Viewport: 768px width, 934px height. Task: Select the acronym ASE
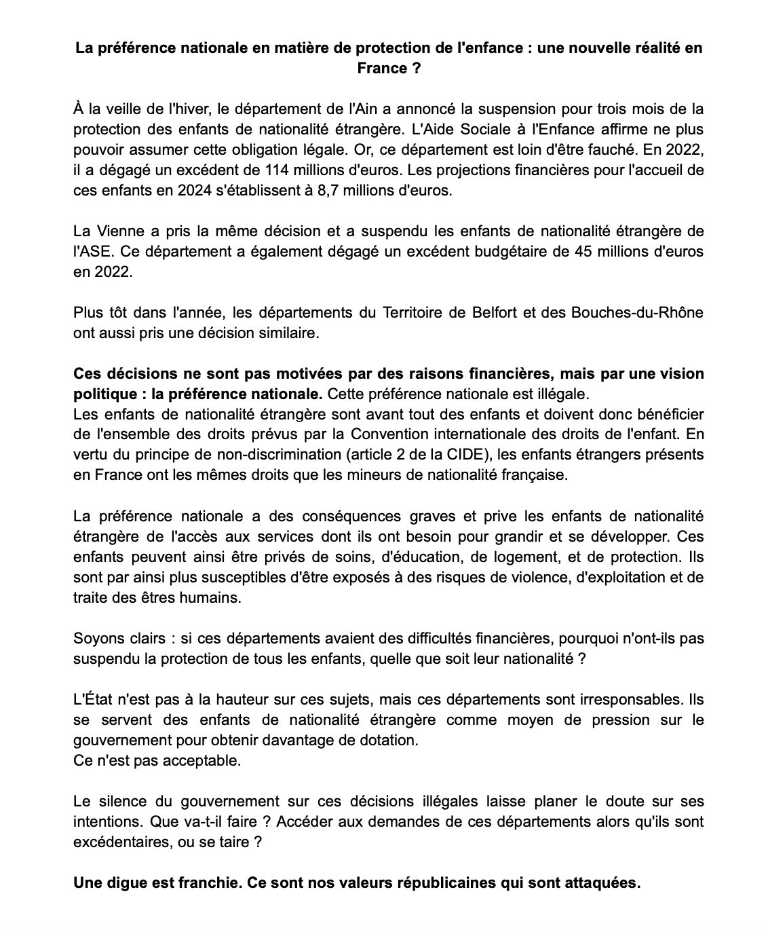coord(92,251)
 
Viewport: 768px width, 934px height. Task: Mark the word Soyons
coord(98,639)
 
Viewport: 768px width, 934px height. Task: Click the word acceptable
coord(204,760)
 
